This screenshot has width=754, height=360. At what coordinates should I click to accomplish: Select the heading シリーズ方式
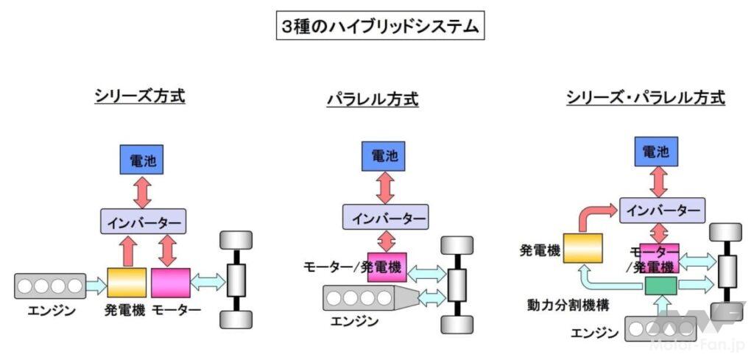click(x=139, y=96)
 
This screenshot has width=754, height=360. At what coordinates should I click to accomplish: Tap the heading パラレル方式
click(x=373, y=99)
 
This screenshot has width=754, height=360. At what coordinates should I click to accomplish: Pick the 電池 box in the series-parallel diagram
click(x=655, y=152)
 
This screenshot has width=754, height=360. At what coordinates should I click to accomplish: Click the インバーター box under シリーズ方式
click(x=143, y=221)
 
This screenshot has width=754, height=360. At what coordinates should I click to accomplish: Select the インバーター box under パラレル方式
click(x=384, y=219)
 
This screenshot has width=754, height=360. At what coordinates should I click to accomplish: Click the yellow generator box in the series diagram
click(x=127, y=283)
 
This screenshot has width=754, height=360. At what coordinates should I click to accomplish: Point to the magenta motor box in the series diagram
click(x=171, y=283)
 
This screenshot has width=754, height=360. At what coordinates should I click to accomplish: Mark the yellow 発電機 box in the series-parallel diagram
click(x=582, y=250)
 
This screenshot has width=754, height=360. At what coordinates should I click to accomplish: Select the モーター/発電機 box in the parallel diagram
click(x=387, y=267)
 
